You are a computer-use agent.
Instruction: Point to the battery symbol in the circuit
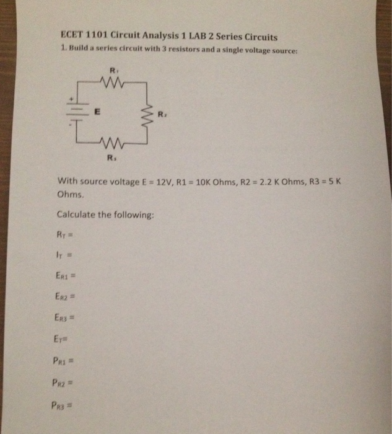coord(78,110)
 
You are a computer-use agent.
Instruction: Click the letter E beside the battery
coord(97,112)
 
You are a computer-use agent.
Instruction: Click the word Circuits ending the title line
coord(259,37)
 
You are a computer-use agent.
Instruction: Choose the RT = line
coord(65,234)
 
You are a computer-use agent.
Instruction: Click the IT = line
coord(64,255)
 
